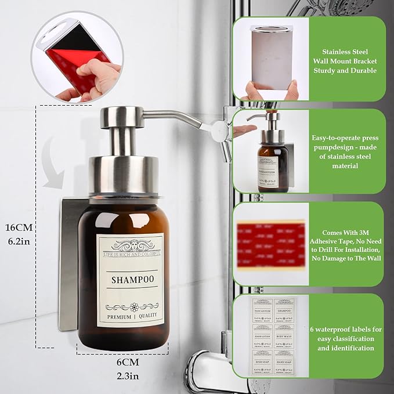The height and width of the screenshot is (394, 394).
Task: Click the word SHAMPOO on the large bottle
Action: coord(133,280)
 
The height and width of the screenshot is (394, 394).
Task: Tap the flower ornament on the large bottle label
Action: coord(133,306)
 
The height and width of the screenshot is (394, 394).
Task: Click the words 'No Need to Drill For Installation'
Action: coord(346,248)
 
